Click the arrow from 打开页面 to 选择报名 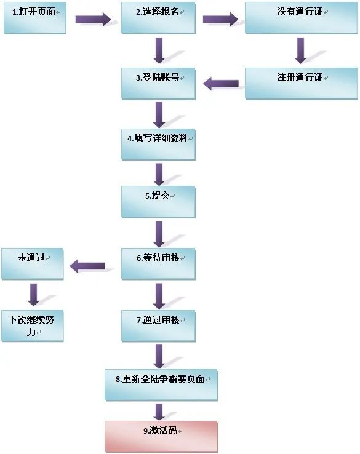pos(93,19)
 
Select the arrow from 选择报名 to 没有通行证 pos(220,19)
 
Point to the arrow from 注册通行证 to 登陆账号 pos(221,84)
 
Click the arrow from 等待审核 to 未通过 pos(87,266)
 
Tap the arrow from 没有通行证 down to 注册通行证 pos(300,50)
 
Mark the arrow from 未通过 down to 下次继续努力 pos(33,295)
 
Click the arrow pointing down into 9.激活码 pos(159,410)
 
